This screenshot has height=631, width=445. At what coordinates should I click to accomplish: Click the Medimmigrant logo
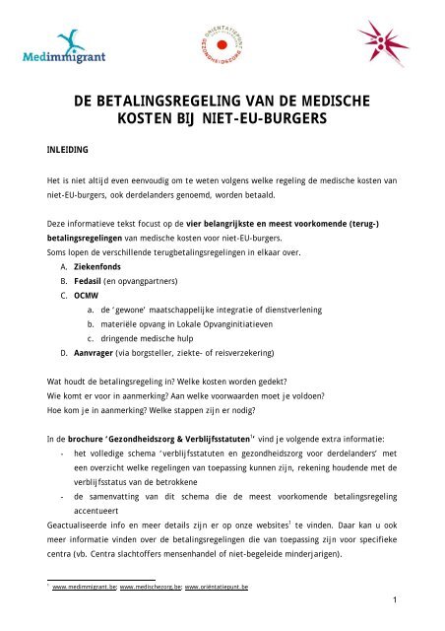pyautogui.click(x=58, y=49)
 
